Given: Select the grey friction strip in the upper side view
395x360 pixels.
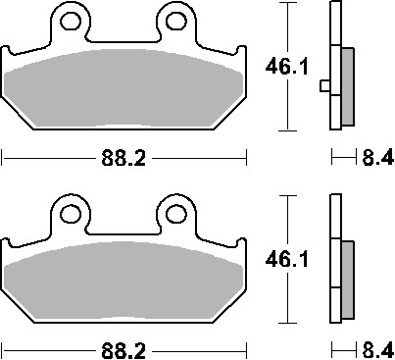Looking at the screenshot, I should tap(347, 86).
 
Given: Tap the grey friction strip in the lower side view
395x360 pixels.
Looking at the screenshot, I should tap(347, 277).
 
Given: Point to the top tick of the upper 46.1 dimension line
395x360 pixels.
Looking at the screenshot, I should tap(286, 3).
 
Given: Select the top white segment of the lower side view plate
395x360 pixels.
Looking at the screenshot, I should tap(334, 216).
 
